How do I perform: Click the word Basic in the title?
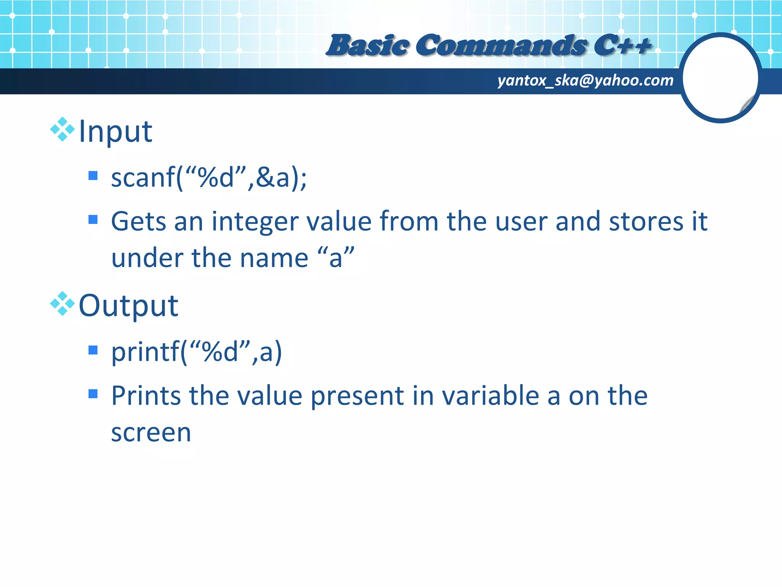point(367,45)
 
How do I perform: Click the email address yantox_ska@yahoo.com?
point(585,80)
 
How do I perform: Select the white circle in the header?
point(720,78)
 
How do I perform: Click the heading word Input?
point(115,131)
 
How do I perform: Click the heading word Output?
point(128,305)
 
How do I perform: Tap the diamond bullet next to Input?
point(62,130)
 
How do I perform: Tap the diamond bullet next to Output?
point(62,304)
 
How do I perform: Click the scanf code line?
point(208,178)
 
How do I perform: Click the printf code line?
point(196,352)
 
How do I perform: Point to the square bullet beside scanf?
point(93,176)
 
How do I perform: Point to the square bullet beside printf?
point(93,350)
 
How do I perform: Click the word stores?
point(645,221)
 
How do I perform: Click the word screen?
point(151,433)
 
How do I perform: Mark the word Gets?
point(138,221)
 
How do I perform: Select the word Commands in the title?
point(501,45)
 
